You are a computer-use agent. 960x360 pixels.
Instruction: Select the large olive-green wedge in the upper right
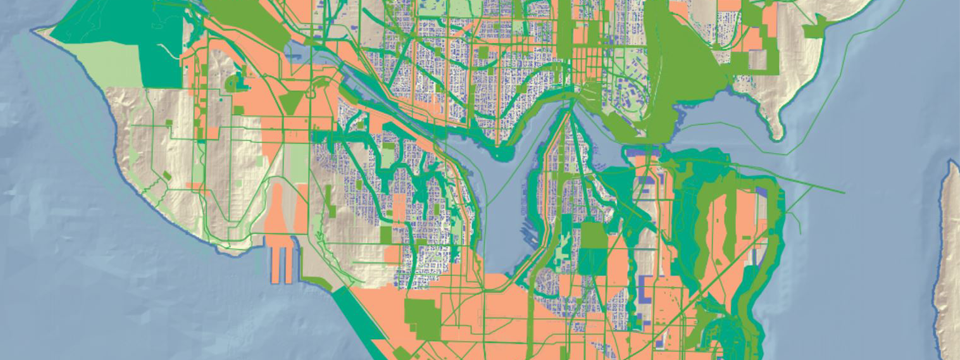point(690,70)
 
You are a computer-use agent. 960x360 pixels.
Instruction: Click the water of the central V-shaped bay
point(500,200)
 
